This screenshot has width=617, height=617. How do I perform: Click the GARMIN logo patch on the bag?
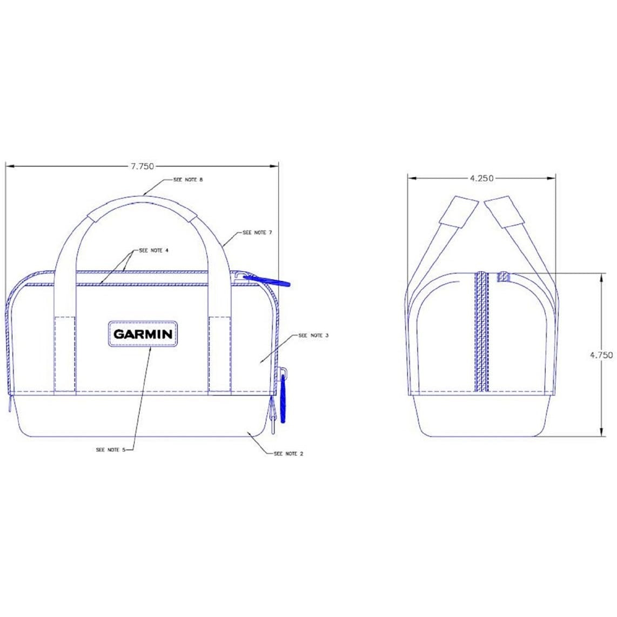(143, 334)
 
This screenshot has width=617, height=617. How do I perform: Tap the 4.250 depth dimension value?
(481, 178)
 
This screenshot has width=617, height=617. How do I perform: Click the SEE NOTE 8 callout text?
(187, 179)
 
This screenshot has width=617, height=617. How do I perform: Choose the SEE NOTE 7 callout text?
(257, 232)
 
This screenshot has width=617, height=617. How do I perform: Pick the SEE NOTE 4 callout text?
(154, 251)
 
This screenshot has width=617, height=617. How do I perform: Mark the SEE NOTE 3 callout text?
(314, 336)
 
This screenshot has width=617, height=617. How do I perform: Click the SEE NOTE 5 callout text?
(111, 450)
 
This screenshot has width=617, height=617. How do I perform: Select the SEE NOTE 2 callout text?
(289, 453)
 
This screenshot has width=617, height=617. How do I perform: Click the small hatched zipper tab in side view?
(503, 277)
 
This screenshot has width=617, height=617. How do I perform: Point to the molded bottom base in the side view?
(481, 416)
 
